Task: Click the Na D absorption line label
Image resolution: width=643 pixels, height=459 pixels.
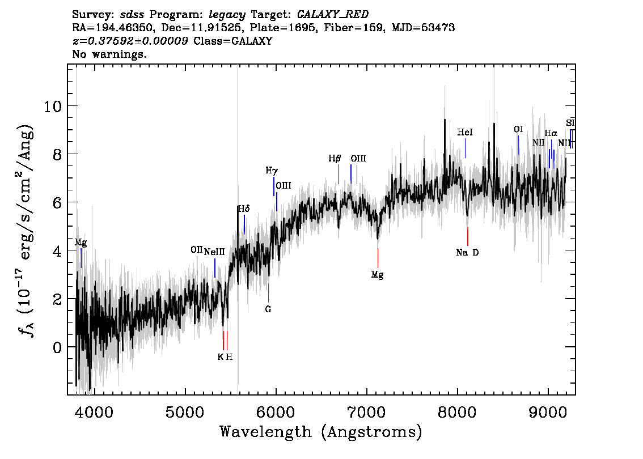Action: point(467,253)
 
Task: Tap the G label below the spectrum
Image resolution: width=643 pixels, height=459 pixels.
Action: point(268,309)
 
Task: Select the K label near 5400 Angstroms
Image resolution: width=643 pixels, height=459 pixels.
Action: point(220,357)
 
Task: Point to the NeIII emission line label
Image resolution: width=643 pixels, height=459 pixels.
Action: point(214,252)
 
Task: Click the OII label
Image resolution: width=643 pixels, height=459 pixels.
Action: point(197,249)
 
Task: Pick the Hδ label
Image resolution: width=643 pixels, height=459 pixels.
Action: point(244,209)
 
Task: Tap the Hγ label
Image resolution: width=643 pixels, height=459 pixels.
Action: point(272,171)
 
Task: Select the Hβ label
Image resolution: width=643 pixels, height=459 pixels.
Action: point(335,158)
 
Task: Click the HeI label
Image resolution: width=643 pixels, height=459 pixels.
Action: point(464,132)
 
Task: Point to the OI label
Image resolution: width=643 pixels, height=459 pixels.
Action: point(518,130)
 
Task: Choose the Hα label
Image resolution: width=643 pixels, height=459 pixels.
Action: point(551,133)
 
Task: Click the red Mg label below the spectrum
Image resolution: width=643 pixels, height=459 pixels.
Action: point(377,275)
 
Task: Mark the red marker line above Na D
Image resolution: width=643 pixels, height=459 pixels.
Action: point(467,236)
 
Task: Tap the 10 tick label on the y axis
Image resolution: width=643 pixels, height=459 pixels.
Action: point(53,107)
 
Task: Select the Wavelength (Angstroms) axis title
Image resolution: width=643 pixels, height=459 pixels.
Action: point(321,432)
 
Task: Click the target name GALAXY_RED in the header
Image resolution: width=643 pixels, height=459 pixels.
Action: point(333,15)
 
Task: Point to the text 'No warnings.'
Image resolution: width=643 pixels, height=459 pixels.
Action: point(109,54)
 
